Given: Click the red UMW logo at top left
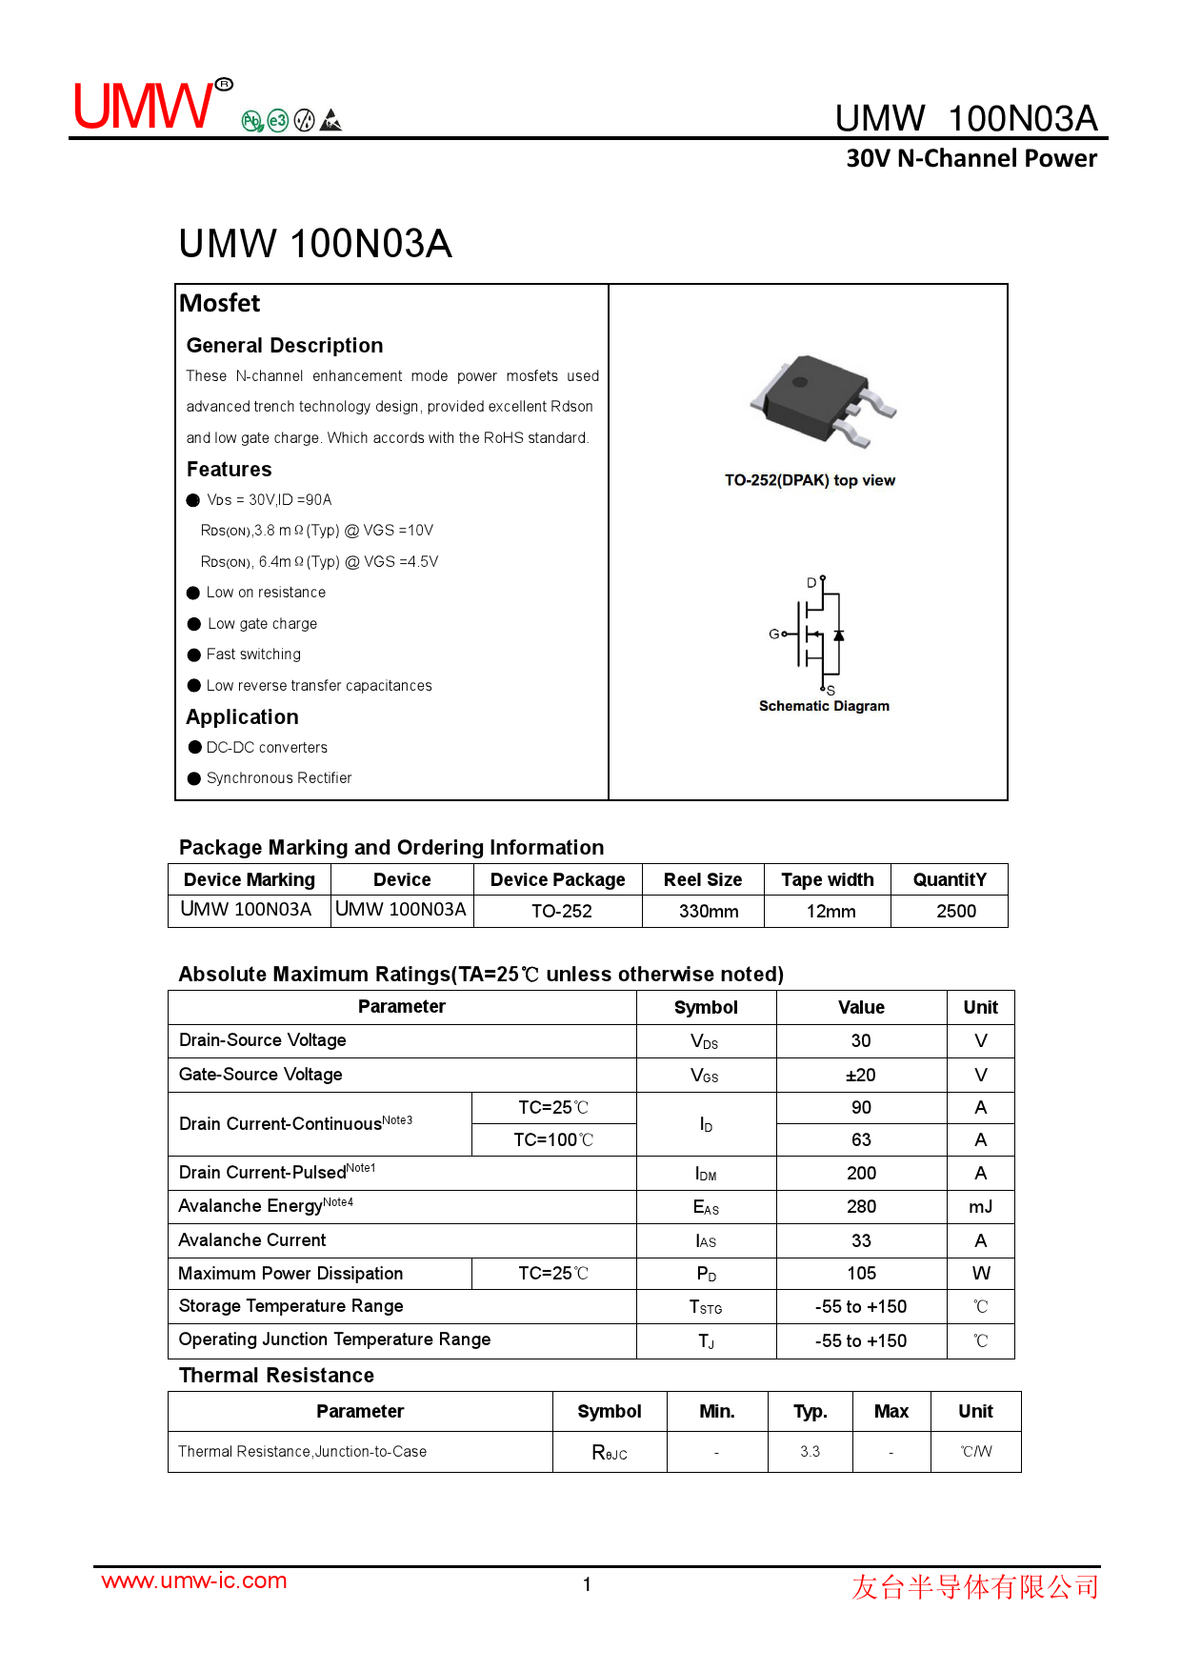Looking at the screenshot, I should (x=146, y=105).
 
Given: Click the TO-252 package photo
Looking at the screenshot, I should (x=821, y=400).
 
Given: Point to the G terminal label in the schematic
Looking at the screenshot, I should (x=774, y=634).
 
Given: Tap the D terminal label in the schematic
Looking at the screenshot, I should (x=811, y=582).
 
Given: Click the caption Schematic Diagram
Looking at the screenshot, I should (x=824, y=706).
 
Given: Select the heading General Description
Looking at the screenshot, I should (x=285, y=345).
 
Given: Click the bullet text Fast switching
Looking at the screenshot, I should (x=253, y=654).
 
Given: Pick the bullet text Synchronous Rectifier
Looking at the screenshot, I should (x=279, y=778).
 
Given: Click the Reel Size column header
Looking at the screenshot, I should (x=703, y=879).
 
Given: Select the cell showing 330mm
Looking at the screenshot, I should (x=709, y=911).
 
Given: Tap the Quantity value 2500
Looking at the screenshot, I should (x=956, y=911).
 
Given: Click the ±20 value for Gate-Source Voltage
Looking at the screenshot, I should (x=861, y=1075).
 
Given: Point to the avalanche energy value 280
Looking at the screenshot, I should (x=861, y=1206).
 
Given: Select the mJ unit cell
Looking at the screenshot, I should (x=980, y=1206).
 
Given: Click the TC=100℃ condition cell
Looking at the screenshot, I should (x=553, y=1139).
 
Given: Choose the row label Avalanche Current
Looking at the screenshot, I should (x=252, y=1239).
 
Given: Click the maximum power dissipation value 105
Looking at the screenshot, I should (x=861, y=1273).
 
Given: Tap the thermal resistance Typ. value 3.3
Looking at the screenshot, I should (x=810, y=1451).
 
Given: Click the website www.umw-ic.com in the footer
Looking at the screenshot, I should (x=194, y=1580).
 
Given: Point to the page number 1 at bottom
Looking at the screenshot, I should (x=588, y=1584).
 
